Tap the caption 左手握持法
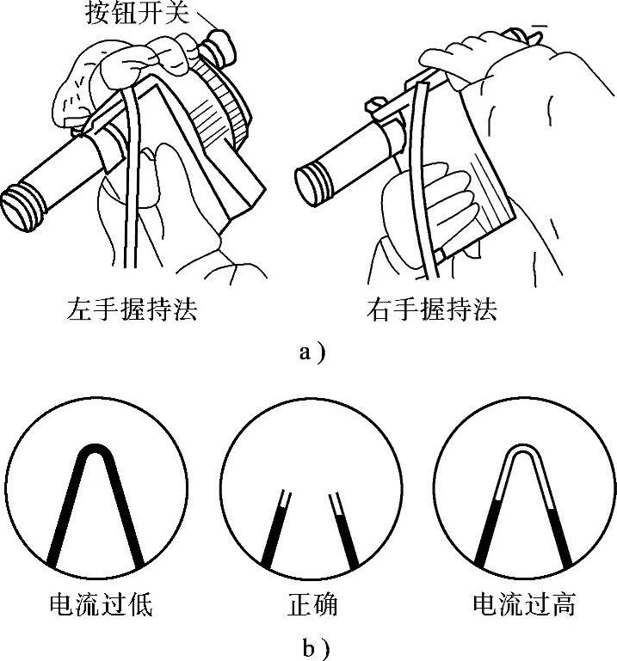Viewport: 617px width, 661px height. click(132, 308)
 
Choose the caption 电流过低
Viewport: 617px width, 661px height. click(101, 604)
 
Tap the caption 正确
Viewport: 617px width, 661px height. click(311, 604)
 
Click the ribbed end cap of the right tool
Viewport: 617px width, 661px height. click(312, 182)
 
